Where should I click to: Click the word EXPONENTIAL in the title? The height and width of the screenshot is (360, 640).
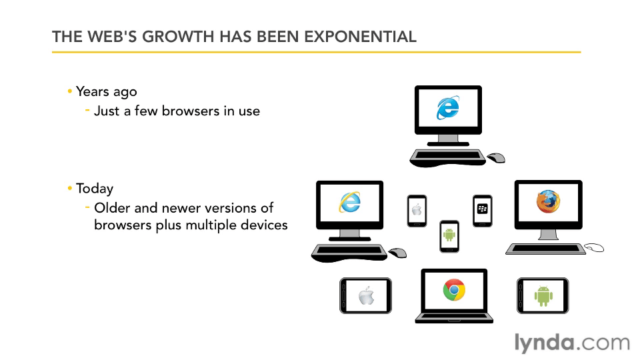(360, 37)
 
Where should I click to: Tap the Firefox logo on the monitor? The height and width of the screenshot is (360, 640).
(548, 201)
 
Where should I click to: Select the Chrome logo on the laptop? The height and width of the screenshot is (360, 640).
(454, 290)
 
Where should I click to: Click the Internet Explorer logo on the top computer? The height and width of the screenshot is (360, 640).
(448, 108)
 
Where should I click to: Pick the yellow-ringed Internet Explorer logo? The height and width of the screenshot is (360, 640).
(350, 202)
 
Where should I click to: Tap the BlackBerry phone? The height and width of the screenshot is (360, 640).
(483, 211)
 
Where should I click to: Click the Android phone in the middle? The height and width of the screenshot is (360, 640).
(449, 236)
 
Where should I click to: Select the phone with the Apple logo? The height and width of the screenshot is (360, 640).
(417, 211)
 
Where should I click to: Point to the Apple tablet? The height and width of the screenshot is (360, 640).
(365, 296)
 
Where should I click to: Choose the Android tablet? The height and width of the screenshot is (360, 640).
(543, 296)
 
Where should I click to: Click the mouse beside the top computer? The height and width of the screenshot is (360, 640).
(496, 157)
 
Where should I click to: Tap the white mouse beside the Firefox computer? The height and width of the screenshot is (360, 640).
(594, 247)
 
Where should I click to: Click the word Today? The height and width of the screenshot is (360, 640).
(95, 189)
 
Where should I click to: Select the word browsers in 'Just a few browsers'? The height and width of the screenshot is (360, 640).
(191, 111)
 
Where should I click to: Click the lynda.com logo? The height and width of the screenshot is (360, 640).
(572, 343)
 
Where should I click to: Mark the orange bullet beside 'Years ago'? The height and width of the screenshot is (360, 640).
(70, 91)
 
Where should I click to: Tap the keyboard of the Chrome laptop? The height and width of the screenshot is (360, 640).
(454, 318)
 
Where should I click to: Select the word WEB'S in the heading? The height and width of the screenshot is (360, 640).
(112, 37)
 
